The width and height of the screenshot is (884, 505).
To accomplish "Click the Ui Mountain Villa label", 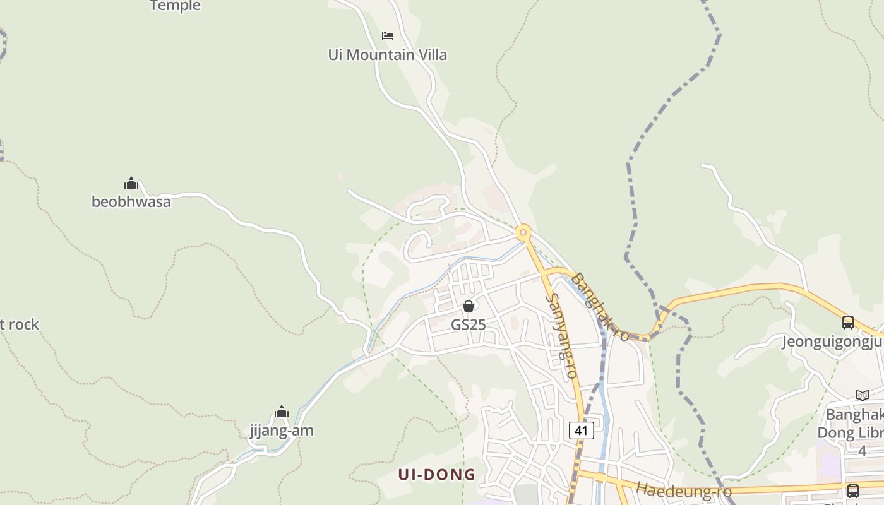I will (387, 55).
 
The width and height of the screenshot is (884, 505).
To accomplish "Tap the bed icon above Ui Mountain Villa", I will (388, 35).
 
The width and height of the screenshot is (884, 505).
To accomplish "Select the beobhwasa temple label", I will (131, 202).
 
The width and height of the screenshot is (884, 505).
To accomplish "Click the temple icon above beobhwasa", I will (131, 184).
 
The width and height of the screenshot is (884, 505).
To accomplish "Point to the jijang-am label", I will (282, 431).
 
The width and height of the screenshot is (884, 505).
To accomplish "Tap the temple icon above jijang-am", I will (282, 413).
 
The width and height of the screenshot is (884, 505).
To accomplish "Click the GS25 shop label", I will (468, 324).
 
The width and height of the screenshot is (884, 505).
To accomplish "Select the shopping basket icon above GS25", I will (469, 307).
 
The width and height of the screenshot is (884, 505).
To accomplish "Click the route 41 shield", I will (581, 431).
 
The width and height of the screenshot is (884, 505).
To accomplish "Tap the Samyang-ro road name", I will (562, 336).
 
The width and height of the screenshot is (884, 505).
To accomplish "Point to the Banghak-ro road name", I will (600, 307).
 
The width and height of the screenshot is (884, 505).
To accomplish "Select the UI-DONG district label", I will (436, 475).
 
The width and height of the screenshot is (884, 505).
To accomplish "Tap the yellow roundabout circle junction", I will (523, 234).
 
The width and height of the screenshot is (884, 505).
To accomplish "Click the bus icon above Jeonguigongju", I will (848, 323).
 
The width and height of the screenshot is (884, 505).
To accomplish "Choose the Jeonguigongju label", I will (832, 342).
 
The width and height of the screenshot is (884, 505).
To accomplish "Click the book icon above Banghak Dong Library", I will (862, 396).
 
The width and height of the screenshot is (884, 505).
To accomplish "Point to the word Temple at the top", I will (175, 6).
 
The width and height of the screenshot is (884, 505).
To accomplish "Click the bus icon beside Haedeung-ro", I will (852, 490).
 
